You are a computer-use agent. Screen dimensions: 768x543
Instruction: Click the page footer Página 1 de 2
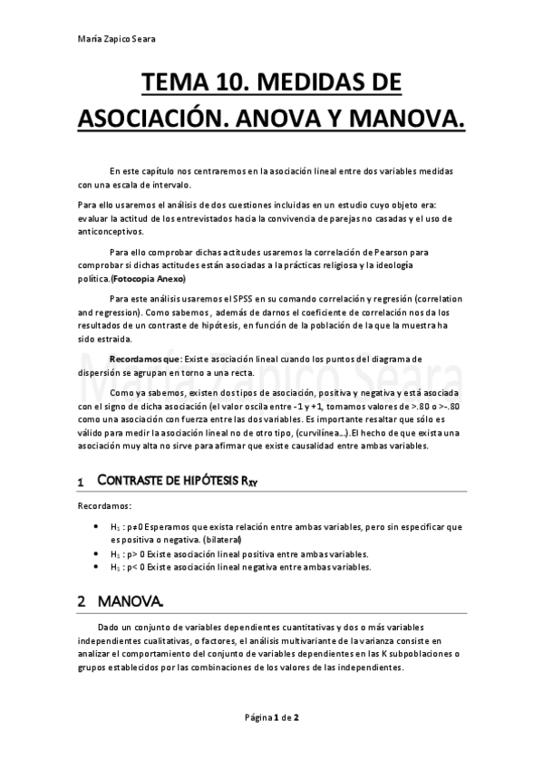click(272, 717)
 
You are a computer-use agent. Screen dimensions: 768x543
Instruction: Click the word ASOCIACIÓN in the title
click(160, 119)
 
